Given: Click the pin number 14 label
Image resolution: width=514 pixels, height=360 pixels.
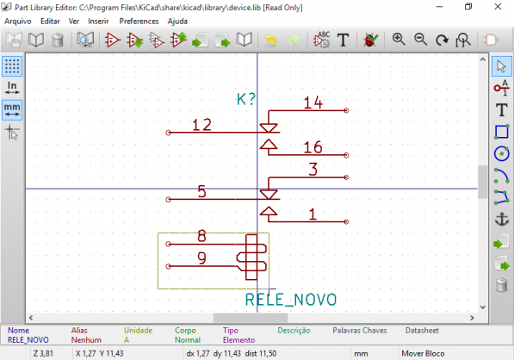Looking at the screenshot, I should [313, 103].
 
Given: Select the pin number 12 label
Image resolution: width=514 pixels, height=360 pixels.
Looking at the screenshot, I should [201, 126].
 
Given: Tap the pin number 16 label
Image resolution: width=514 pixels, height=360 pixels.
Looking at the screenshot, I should [313, 146].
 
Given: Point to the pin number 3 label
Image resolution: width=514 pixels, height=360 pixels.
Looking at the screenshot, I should [313, 169].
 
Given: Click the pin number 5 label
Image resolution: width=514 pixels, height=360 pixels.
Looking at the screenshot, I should [201, 191].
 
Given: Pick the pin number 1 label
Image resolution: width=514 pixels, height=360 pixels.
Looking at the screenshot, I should [313, 214].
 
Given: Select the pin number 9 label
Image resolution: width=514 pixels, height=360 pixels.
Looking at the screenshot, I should [201, 258].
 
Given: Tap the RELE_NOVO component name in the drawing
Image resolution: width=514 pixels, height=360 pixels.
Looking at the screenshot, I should [290, 300].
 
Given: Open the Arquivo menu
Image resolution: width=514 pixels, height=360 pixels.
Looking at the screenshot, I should [18, 20].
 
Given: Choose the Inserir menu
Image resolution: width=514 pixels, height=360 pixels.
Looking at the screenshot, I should [98, 20].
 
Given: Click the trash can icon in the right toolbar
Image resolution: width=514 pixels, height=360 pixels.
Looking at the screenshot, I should [502, 285].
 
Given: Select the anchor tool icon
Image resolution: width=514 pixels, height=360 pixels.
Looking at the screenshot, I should [502, 220].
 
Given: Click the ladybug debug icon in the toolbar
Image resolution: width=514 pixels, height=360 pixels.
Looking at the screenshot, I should [371, 40].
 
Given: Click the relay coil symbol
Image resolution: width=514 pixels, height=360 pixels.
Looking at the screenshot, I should [251, 257].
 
